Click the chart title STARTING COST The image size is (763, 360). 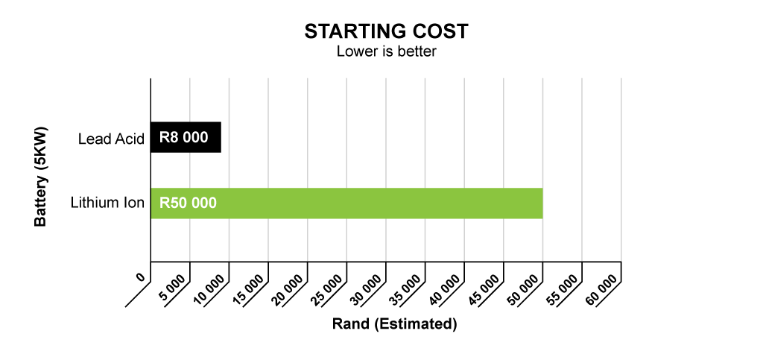click(387, 31)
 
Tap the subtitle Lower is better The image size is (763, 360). click(387, 51)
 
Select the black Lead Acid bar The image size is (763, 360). click(186, 137)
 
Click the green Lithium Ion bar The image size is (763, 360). click(346, 203)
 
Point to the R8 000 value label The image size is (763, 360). click(184, 138)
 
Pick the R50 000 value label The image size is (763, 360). click(189, 203)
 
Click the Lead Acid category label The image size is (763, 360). click(112, 139)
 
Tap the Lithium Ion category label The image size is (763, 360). click(107, 203)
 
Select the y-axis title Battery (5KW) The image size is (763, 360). click(41, 177)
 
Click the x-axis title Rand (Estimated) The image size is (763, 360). click(395, 324)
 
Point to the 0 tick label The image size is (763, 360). click(141, 277)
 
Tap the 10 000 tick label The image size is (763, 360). click(209, 289)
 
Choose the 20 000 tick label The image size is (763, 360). click(287, 289)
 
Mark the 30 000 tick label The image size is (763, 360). click(365, 289)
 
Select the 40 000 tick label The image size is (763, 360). click(444, 289)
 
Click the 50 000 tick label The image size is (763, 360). click(522, 289)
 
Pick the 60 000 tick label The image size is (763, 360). click(601, 289)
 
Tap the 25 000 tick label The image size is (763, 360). click(326, 289)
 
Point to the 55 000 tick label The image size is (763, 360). click(562, 289)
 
